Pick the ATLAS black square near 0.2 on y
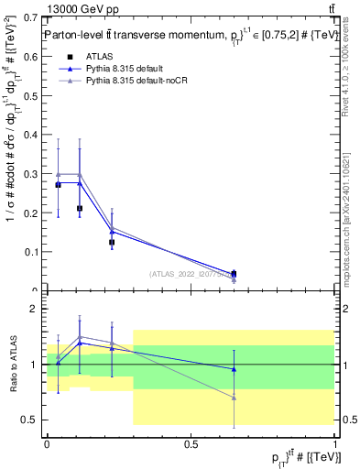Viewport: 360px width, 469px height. (x=80, y=209)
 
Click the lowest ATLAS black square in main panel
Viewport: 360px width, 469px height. (x=234, y=274)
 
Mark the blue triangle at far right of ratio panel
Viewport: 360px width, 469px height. (x=234, y=369)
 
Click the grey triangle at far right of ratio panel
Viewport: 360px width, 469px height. (x=234, y=398)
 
